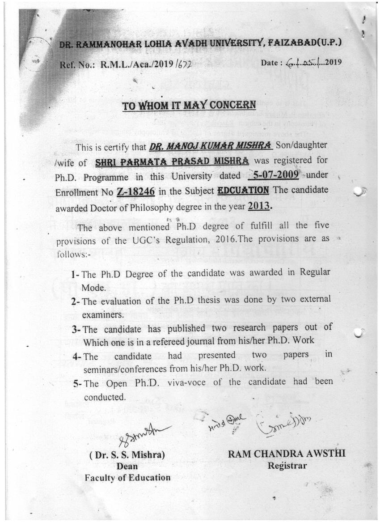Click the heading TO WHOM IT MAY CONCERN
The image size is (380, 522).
click(190, 105)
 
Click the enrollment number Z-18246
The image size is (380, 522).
click(135, 192)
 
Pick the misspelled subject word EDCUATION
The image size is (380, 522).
click(243, 190)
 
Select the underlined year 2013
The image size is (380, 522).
click(260, 207)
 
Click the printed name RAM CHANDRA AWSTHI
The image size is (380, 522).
click(287, 454)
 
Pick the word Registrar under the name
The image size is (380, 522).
click(287, 466)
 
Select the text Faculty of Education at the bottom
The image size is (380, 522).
click(127, 478)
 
